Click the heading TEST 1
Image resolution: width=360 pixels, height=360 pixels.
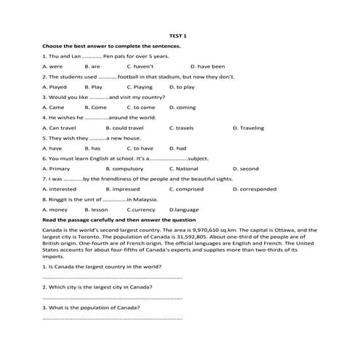pos(178,35)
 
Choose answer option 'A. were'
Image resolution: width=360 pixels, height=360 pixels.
pos(53,66)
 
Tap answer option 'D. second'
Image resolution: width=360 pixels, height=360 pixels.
pos(245,169)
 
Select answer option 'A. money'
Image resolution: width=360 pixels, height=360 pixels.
pos(55,209)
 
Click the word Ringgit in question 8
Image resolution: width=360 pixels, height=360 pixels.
pos(59,199)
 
